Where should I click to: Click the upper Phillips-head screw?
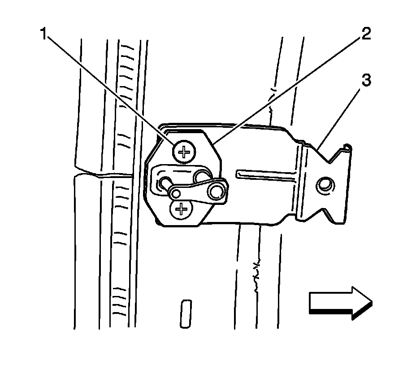183,152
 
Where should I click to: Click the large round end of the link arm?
218,188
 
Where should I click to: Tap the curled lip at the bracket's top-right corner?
346,147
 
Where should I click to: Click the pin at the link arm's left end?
164,182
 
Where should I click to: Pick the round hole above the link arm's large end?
203,174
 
